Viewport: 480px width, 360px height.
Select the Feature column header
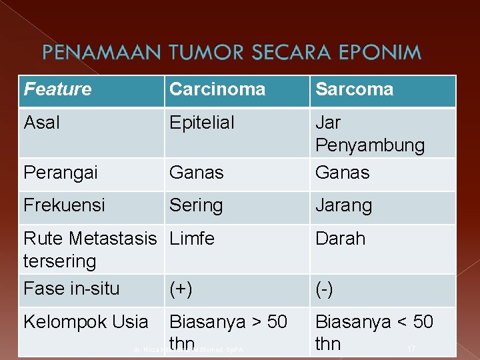pyautogui.click(x=58, y=89)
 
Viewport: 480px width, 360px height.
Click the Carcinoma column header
pyautogui.click(x=217, y=89)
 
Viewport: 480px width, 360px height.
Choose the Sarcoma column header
pyautogui.click(x=355, y=89)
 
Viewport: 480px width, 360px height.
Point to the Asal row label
pyautogui.click(x=41, y=123)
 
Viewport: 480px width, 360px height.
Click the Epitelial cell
pyautogui.click(x=202, y=123)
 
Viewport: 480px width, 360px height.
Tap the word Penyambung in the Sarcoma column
pyautogui.click(x=370, y=145)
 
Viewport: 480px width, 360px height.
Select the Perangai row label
pyautogui.click(x=61, y=173)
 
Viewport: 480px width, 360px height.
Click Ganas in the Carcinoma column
pyautogui.click(x=197, y=173)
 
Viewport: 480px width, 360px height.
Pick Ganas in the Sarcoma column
pyautogui.click(x=343, y=173)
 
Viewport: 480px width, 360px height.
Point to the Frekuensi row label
pyautogui.click(x=64, y=205)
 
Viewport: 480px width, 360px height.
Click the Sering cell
pyautogui.click(x=196, y=205)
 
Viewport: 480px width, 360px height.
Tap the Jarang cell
pyautogui.click(x=345, y=205)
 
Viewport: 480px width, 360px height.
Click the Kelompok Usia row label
pyautogui.click(x=86, y=322)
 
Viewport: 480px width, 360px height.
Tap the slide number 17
pyautogui.click(x=411, y=349)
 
